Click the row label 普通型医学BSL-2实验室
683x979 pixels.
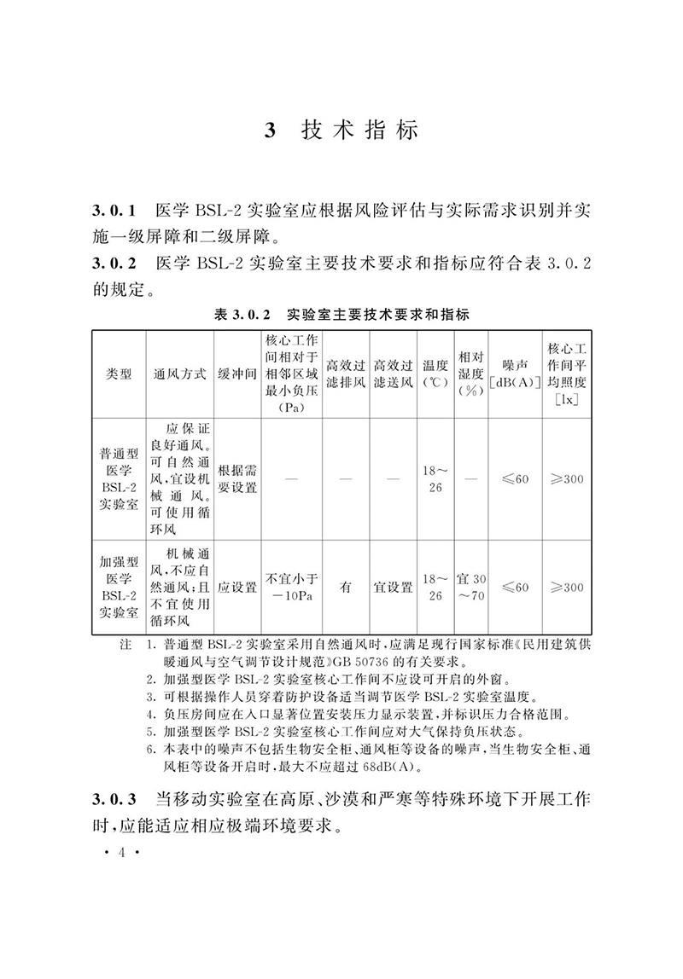[x=118, y=478]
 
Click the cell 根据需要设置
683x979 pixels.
[x=236, y=478]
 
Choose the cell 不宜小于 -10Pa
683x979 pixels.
[x=291, y=588]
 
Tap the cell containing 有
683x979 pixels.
[x=347, y=588]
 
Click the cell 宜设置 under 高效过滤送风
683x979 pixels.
[x=393, y=588]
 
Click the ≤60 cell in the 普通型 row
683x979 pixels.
[x=515, y=478]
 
